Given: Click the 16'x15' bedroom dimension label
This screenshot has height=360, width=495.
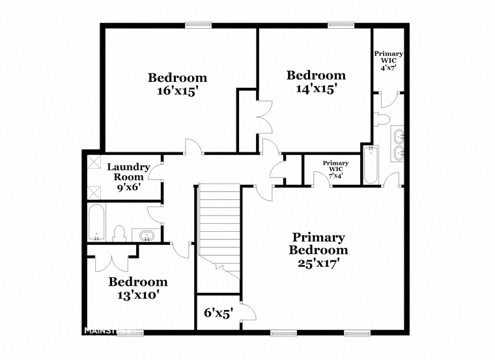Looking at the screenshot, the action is tap(177, 91).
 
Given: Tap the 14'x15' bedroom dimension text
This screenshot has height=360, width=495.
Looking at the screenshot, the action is tap(315, 89).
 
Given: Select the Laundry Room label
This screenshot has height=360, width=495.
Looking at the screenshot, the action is tap(128, 172).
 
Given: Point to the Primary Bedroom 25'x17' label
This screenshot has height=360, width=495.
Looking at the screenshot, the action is tap(318, 249).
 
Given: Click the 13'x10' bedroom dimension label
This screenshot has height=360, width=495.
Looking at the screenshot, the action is tap(137, 295).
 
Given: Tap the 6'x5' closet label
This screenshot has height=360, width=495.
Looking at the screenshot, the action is tap(218, 313).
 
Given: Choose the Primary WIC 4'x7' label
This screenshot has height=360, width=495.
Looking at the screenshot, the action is tap(389, 61).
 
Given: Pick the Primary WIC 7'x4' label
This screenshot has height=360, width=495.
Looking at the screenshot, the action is tap(335, 169).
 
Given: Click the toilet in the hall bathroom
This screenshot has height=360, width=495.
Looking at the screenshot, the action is tap(120, 234).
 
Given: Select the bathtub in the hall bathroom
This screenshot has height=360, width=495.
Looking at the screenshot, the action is tap(96, 222).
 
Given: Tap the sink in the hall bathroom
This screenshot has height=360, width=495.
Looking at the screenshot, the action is tap(147, 235).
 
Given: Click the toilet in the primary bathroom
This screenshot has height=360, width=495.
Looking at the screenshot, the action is tap(382, 119).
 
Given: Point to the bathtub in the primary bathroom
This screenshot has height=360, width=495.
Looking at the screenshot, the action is tap(370, 165).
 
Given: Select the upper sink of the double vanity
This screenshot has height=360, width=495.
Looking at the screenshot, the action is tap(398, 135).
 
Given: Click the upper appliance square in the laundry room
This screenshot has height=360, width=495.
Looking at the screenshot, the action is tap(94, 161).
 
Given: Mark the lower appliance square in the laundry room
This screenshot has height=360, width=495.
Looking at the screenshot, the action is tap(94, 193).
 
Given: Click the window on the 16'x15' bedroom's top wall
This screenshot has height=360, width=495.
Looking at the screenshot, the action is tap(198, 25).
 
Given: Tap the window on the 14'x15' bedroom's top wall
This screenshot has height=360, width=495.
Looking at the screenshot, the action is tap(341, 25).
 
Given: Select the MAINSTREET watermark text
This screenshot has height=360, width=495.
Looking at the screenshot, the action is tap(110, 331).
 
